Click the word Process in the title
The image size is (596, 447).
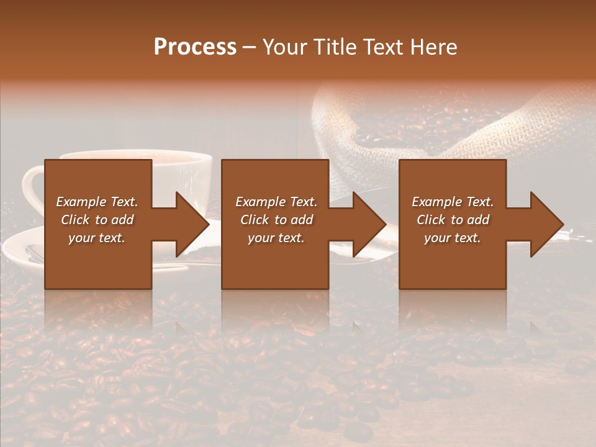(x=195, y=47)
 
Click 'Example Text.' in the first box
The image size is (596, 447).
(x=97, y=202)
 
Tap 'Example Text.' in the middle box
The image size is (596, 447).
(x=276, y=202)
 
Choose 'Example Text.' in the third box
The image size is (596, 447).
(x=453, y=202)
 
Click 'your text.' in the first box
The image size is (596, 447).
(x=97, y=238)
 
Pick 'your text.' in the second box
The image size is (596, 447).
(x=276, y=238)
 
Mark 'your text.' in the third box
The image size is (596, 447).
(x=453, y=238)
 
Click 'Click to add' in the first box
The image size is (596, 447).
(x=97, y=220)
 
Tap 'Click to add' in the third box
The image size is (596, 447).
(x=453, y=220)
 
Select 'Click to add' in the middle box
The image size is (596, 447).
(x=276, y=220)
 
